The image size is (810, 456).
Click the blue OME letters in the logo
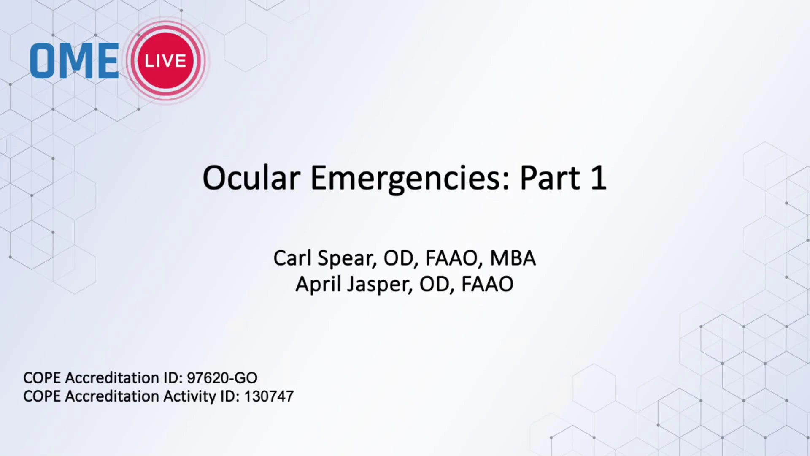(74, 61)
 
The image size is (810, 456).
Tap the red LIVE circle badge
(166, 60)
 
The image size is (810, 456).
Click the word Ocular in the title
(251, 178)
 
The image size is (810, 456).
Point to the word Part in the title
(550, 178)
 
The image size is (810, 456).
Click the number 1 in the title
(599, 178)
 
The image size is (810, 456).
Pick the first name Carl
(292, 258)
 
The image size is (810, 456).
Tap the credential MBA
(513, 258)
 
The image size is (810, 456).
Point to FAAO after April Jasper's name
(487, 284)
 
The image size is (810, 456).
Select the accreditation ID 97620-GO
(222, 378)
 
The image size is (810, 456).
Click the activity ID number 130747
(269, 396)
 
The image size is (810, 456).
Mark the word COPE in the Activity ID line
(42, 396)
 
